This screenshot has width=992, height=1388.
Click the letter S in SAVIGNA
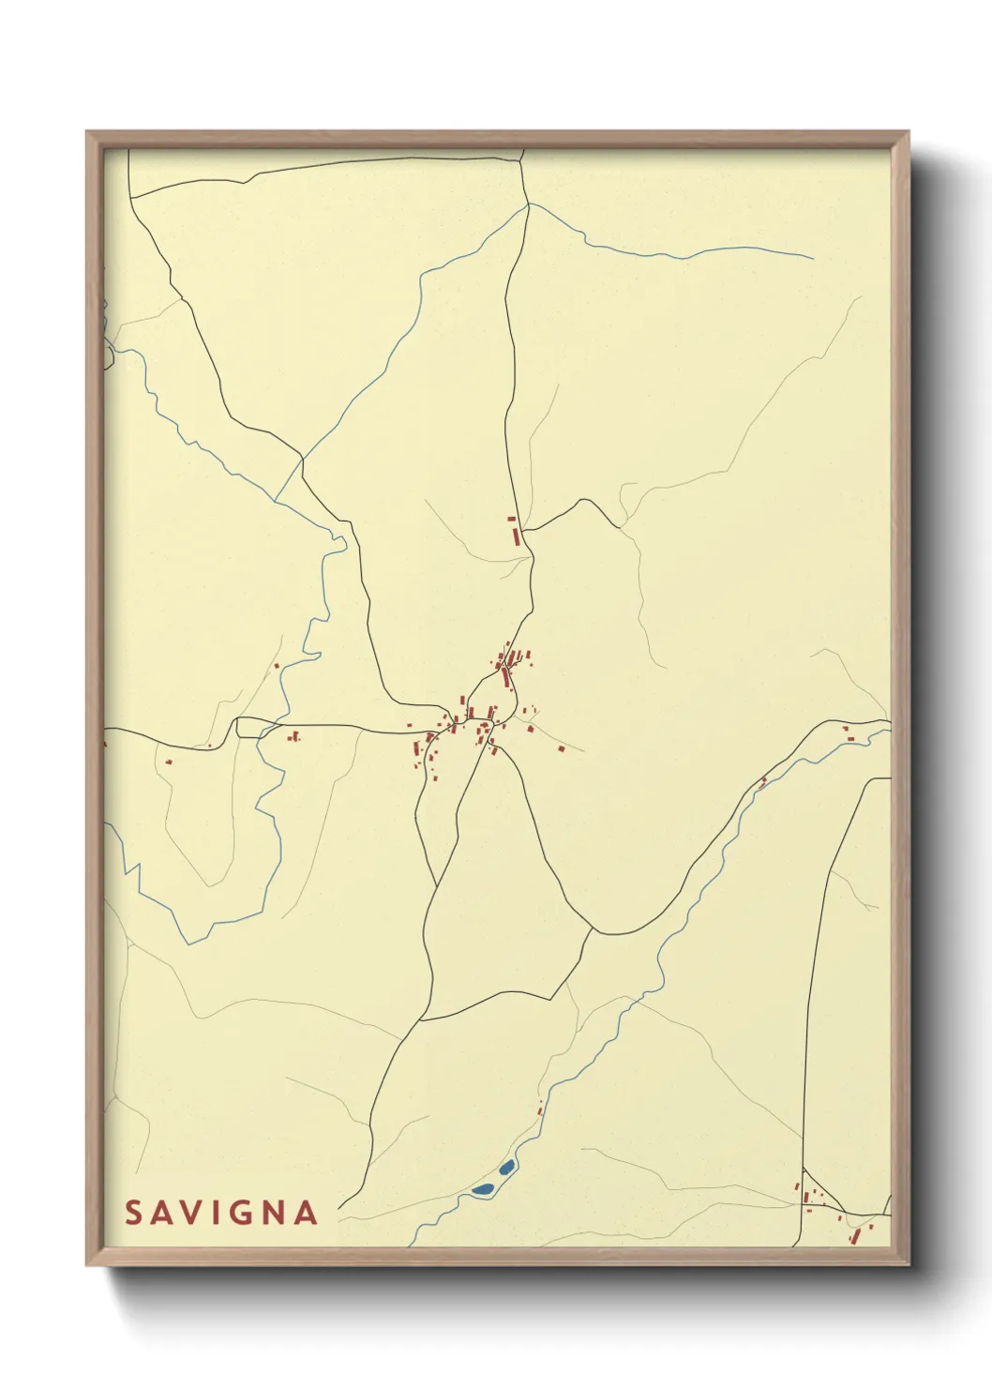[x=133, y=1213]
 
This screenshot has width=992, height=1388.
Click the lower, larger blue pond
[x=484, y=1188]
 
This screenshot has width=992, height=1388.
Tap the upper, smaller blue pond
[x=506, y=1168]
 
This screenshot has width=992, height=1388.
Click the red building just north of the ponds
[x=541, y=1110]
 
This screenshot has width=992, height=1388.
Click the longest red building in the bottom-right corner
[x=855, y=1237]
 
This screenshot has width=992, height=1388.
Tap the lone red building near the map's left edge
[x=169, y=762]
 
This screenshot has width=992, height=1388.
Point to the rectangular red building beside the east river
[x=850, y=738]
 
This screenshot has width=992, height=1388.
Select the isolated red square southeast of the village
[x=562, y=748]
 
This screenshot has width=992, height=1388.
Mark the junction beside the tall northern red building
[x=523, y=531]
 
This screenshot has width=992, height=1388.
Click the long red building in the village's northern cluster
[x=507, y=676]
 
